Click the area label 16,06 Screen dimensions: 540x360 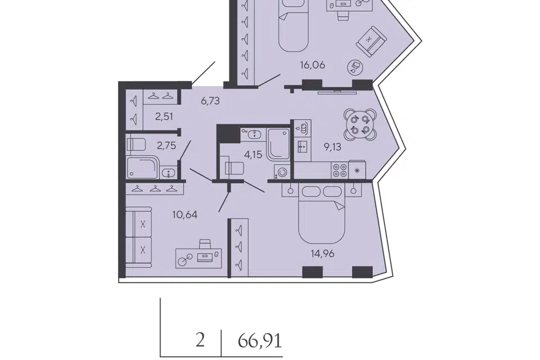click(312, 65)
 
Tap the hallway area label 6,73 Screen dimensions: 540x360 click(210, 101)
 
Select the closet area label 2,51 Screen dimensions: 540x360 click(164, 117)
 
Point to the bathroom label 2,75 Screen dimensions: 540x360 click(166, 146)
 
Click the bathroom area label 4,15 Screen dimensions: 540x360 click(253, 155)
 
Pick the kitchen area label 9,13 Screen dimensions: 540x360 click(332, 147)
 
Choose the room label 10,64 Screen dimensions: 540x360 click(185, 215)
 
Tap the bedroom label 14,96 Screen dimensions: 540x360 click(322, 254)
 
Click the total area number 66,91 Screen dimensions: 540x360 click(260, 341)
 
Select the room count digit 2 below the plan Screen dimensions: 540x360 click(200, 341)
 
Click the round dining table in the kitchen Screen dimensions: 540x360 click(360, 125)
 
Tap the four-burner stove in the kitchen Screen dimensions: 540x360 click(340, 170)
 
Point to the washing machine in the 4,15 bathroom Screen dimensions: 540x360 click(282, 172)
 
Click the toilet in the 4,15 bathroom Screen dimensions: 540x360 click(233, 168)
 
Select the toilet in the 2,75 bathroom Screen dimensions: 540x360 click(136, 145)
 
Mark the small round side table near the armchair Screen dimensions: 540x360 click(355, 66)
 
